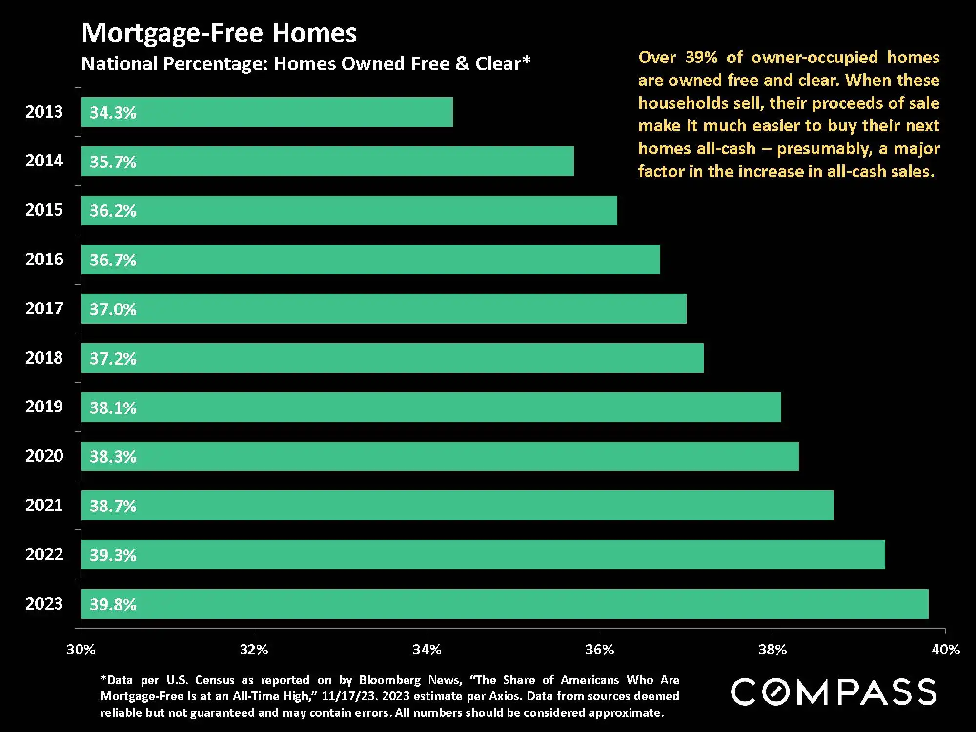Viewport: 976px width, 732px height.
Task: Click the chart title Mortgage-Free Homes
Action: point(219,33)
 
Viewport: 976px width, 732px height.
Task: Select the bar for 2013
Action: point(267,112)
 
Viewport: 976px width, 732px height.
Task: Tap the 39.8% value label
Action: point(113,605)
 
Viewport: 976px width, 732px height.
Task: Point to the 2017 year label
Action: point(44,308)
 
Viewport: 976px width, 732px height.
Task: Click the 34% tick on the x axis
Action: point(427,650)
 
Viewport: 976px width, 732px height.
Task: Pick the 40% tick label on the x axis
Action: point(946,650)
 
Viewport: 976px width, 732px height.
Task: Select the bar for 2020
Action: point(440,456)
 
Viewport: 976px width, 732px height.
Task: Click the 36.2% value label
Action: point(113,211)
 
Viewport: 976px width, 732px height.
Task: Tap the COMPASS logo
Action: point(834,691)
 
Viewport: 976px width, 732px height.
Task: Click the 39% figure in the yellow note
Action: point(701,58)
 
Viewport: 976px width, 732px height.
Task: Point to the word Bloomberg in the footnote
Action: point(389,680)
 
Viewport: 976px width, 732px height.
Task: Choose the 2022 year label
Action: point(44,554)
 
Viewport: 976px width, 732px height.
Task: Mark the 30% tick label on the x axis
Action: point(81,650)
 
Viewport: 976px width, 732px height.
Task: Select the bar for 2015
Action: point(349,211)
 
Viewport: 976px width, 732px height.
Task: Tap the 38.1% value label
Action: point(113,408)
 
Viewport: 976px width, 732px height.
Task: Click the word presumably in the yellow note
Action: point(824,149)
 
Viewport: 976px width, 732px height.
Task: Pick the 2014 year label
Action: point(44,161)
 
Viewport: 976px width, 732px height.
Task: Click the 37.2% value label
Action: point(113,359)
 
